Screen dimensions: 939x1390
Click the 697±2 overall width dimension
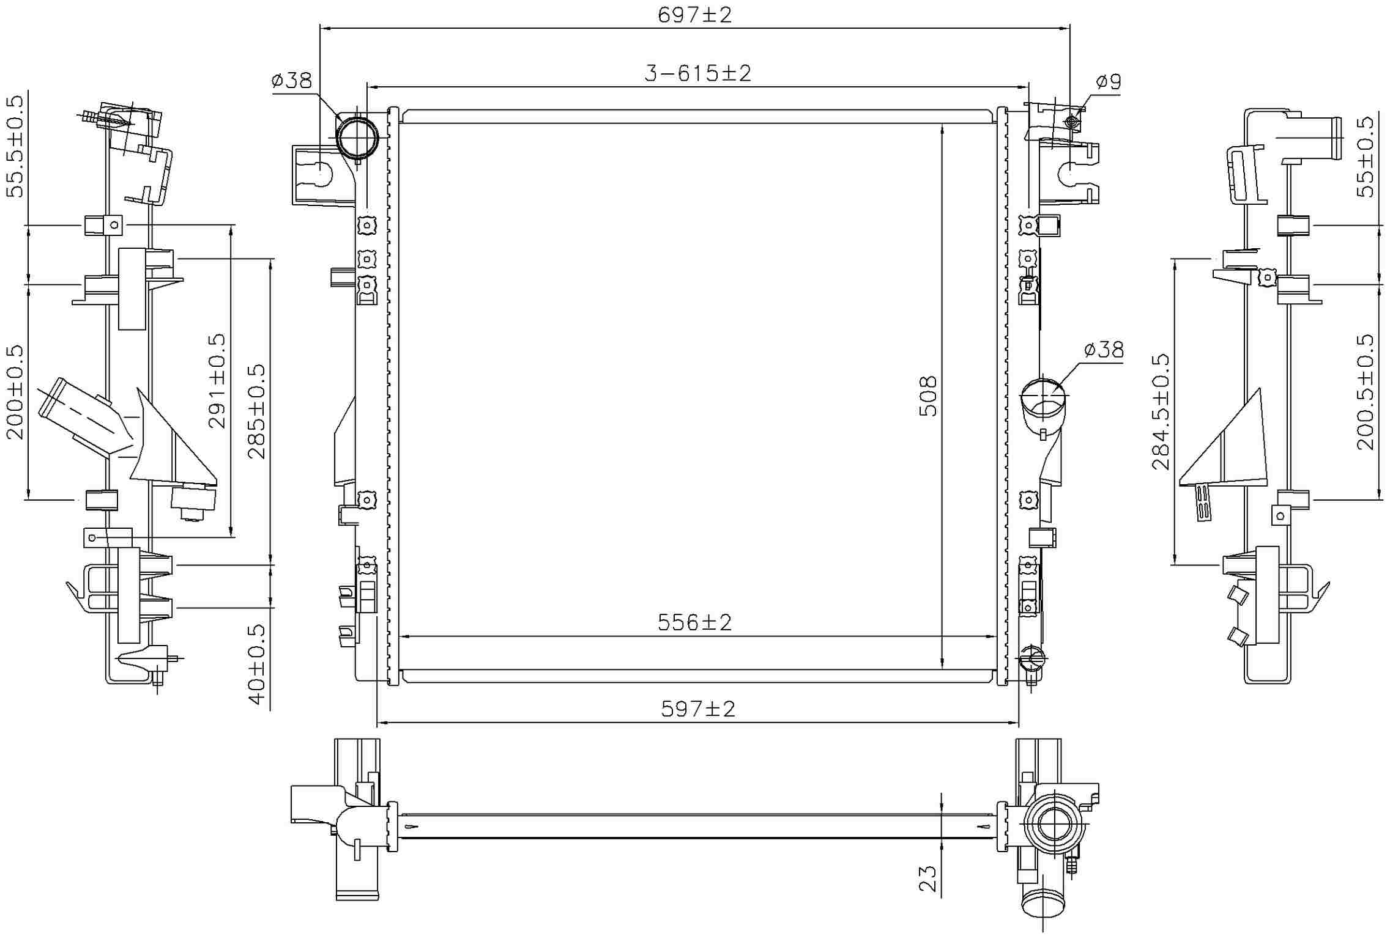[694, 15]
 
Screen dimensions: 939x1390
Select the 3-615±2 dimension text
[697, 73]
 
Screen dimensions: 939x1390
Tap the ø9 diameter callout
[1108, 81]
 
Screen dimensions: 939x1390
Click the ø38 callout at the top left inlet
[291, 80]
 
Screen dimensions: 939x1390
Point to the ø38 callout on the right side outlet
[1104, 350]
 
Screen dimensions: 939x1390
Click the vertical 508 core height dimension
[928, 396]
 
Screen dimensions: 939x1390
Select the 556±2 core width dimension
[694, 622]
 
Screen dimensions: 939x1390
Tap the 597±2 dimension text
[697, 709]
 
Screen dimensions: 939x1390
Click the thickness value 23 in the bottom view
[928, 878]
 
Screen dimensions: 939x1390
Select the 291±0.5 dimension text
[217, 380]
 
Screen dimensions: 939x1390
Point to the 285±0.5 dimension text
[257, 411]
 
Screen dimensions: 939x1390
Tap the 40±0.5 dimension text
[257, 664]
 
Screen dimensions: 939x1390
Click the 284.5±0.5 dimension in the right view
[1161, 411]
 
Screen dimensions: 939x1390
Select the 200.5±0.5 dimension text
[1366, 391]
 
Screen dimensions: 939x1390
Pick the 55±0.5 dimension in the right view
[1366, 156]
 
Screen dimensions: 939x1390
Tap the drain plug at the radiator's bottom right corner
[1031, 658]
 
